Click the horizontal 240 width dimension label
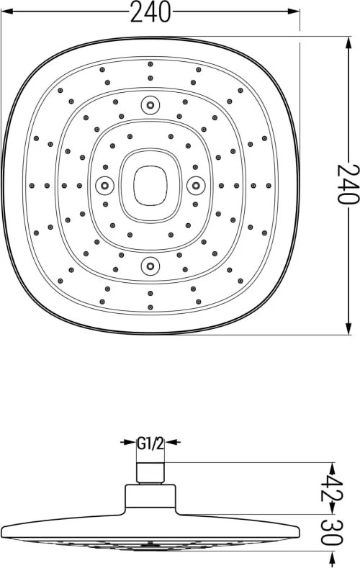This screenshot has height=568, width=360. [150, 12]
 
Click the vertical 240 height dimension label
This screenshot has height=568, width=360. [348, 184]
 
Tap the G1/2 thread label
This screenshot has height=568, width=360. [150, 443]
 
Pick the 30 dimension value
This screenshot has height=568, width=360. [332, 533]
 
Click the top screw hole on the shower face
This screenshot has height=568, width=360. [150, 105]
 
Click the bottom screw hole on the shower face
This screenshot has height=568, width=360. [150, 266]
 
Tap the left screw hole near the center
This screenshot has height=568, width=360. [104, 186]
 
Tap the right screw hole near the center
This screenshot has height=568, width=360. [196, 186]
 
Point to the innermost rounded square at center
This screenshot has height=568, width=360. [133, 186]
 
